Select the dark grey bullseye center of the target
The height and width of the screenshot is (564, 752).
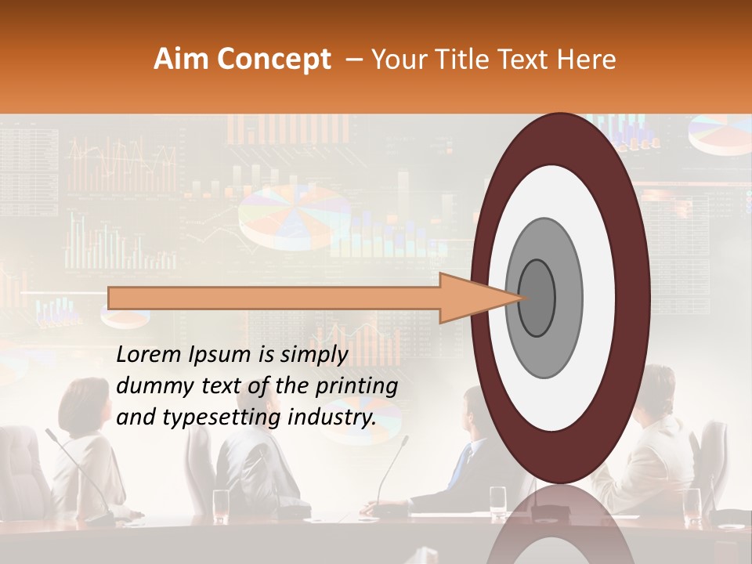click(537, 298)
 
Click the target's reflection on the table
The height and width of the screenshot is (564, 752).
click(560, 525)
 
